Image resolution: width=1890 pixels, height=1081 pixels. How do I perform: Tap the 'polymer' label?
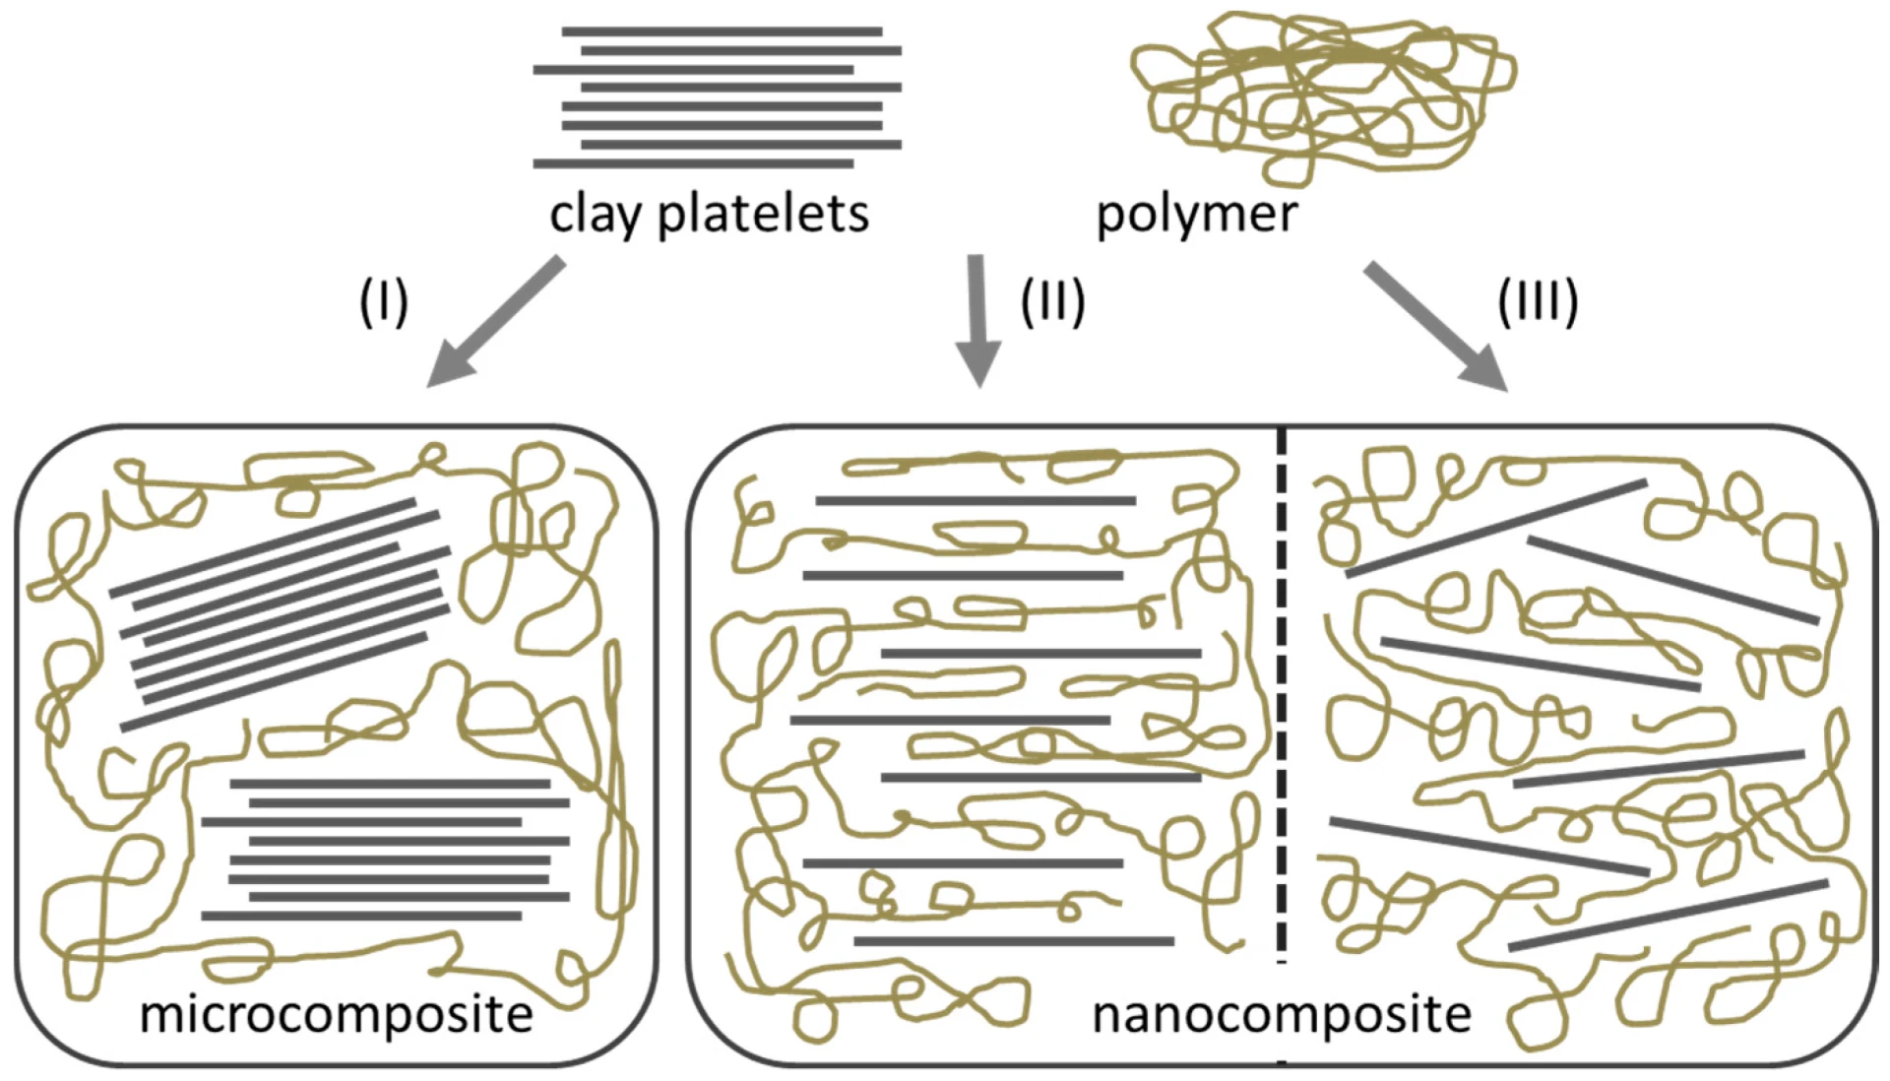pyautogui.click(x=1196, y=214)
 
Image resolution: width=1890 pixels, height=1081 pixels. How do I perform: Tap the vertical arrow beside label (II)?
pyautogui.click(x=977, y=320)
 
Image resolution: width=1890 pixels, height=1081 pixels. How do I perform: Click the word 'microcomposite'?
pyautogui.click(x=336, y=1014)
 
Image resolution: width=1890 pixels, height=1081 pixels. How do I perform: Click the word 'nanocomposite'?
pyautogui.click(x=1282, y=1014)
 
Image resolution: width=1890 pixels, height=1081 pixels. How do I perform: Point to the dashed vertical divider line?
pyautogui.click(x=1282, y=689)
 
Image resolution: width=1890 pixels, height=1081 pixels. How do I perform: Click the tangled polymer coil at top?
pyautogui.click(x=1319, y=94)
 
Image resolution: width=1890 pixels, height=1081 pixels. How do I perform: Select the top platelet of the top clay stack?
pyautogui.click(x=722, y=32)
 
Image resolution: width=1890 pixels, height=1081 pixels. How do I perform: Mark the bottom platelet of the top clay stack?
pyautogui.click(x=693, y=163)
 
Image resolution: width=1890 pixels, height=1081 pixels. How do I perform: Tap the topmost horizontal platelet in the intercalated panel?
pyautogui.click(x=975, y=501)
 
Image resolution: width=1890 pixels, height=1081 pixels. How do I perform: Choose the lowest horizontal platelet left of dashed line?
pyautogui.click(x=1013, y=941)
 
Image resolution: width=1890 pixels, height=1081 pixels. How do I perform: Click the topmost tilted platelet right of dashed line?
pyautogui.click(x=1496, y=529)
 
